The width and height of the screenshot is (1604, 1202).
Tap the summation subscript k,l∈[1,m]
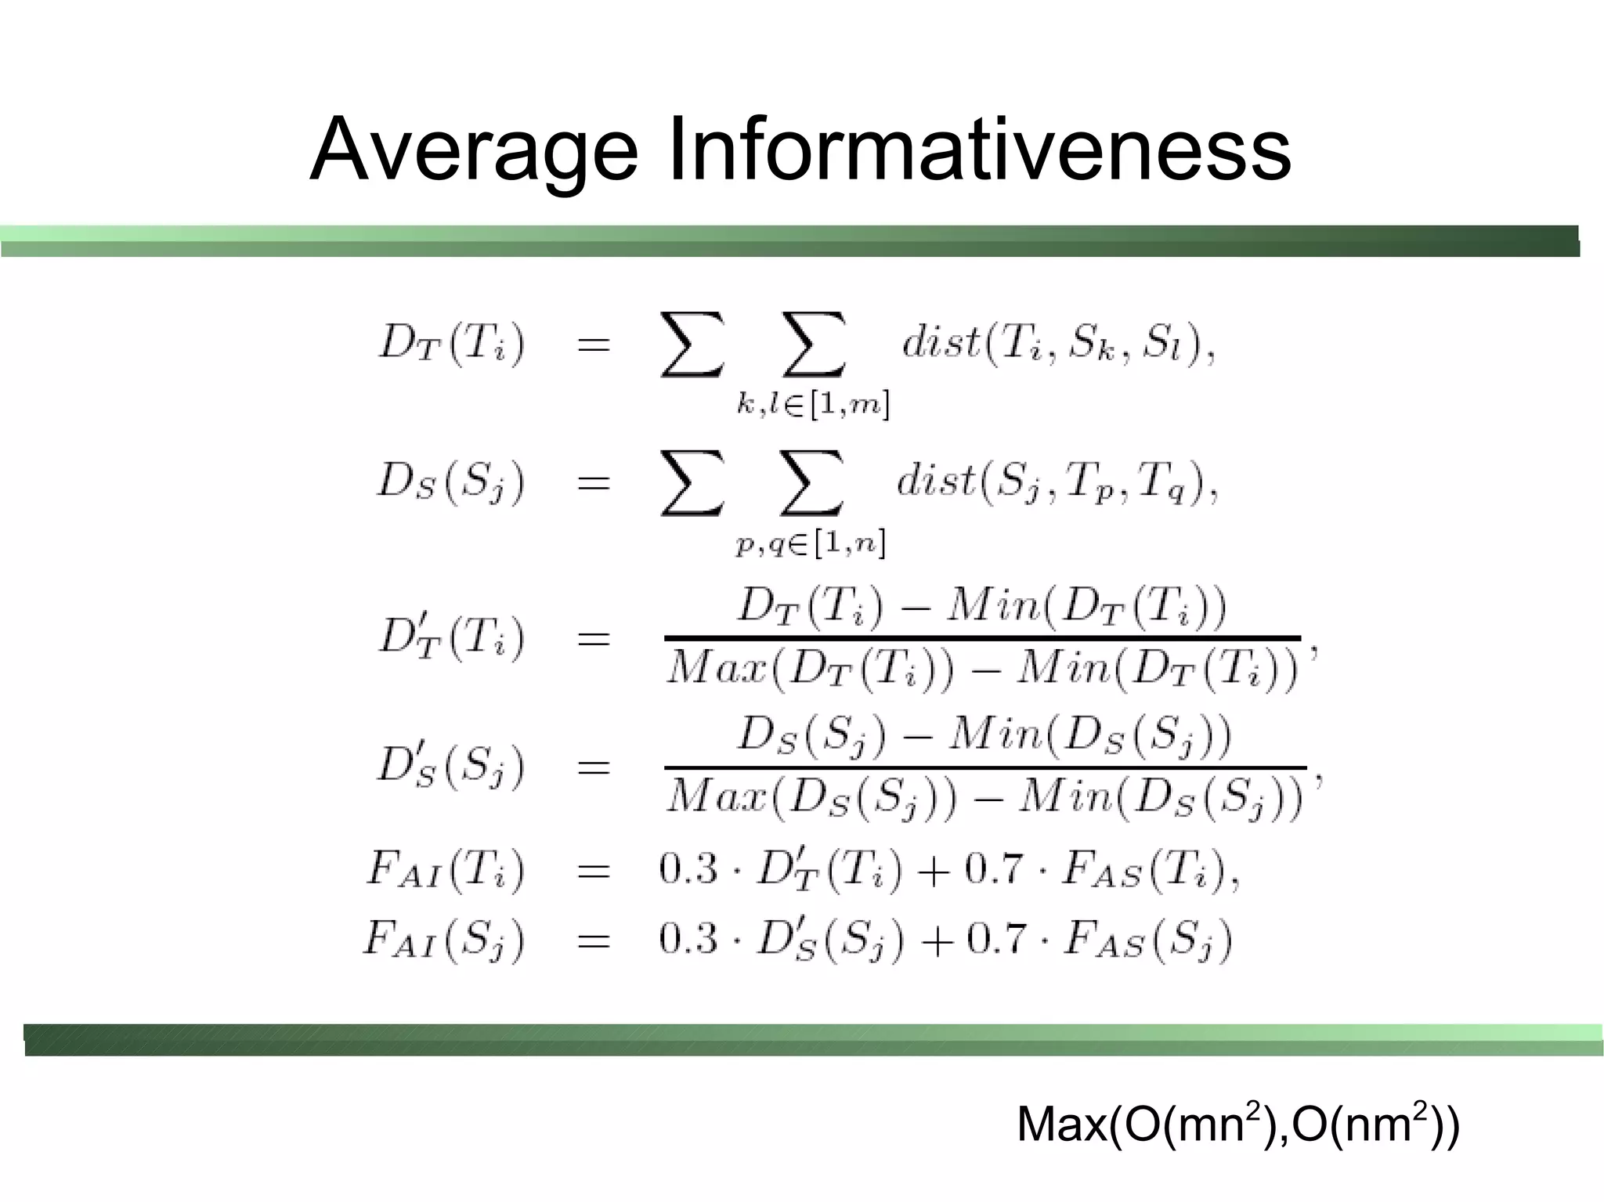tap(813, 405)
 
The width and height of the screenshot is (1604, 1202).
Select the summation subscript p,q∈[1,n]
tap(811, 543)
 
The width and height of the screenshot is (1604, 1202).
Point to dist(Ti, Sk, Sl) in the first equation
tap(1057, 345)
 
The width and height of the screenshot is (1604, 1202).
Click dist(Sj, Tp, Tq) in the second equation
tap(1057, 482)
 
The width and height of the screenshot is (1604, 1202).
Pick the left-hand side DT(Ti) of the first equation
tap(451, 345)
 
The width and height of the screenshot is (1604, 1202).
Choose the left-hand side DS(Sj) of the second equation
tap(450, 482)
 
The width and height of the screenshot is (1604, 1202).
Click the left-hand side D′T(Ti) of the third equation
tap(451, 637)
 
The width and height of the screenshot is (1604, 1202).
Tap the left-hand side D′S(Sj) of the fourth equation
tap(450, 767)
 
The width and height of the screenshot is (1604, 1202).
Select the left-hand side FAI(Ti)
tap(444, 872)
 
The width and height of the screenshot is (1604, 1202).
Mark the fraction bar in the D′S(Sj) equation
tap(985, 767)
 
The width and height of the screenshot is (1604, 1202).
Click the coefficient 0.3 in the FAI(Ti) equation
tap(688, 869)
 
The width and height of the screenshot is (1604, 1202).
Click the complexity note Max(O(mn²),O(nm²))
tap(1238, 1124)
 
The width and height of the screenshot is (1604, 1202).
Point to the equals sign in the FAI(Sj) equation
tap(593, 940)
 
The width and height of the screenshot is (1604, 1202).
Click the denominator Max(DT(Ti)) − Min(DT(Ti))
tap(982, 670)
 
